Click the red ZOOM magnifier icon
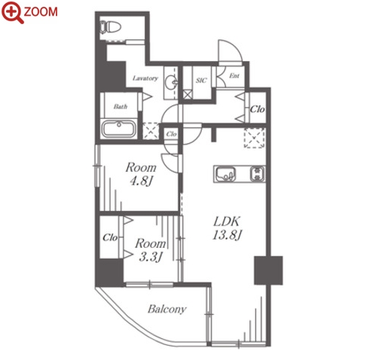(13, 13)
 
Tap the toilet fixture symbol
(110, 27)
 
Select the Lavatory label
(145, 78)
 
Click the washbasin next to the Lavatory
(172, 81)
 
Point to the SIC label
(201, 81)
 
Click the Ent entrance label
(234, 75)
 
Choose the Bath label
(120, 106)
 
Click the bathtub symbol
(118, 129)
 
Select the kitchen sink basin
(226, 174)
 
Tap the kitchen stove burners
(258, 174)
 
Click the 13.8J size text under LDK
(227, 236)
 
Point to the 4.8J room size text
(142, 181)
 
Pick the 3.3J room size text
(151, 257)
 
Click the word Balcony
(167, 310)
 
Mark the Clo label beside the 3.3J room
(110, 237)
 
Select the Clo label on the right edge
(258, 109)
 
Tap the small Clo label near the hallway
(172, 134)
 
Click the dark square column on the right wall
(268, 270)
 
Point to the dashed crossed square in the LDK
(255, 138)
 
